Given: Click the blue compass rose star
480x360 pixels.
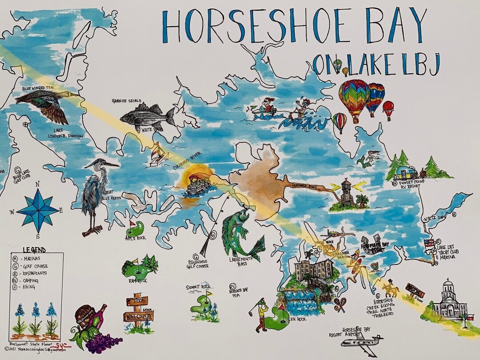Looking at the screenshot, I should pos(38,210).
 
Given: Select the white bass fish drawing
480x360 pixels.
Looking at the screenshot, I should pos(147,116).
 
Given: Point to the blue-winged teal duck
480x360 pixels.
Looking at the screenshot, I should pos(44,104).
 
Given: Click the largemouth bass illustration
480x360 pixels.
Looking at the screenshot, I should pos(240,233).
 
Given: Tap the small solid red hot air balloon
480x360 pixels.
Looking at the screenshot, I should pos(388,108).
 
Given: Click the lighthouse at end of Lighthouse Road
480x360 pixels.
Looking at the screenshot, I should pos(347,192).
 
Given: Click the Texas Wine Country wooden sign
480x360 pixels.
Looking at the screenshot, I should pos(138,311).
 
